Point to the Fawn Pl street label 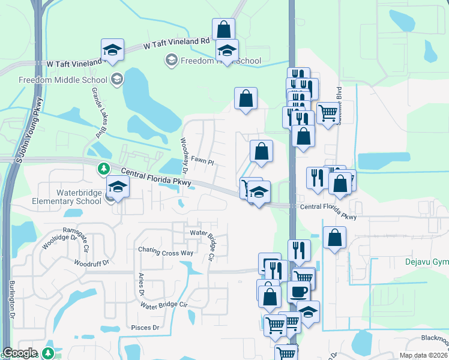202,161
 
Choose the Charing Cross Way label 166,253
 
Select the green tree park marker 104,168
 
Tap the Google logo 20,353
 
